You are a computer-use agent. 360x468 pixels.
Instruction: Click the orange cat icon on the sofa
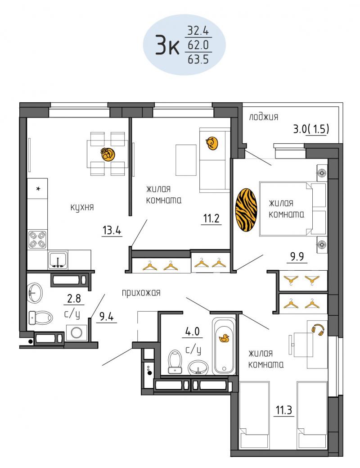(x=212, y=143)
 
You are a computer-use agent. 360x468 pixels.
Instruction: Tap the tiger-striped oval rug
(x=246, y=210)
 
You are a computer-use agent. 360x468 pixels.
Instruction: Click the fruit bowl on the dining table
(x=108, y=154)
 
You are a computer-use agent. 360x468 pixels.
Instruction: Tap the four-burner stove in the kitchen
(x=38, y=239)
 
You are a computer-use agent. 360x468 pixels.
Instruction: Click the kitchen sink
(x=58, y=260)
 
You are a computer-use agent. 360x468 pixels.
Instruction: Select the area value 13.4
(x=112, y=230)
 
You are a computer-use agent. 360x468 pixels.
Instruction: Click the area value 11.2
(x=211, y=218)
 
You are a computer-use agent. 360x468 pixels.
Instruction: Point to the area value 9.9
(x=297, y=256)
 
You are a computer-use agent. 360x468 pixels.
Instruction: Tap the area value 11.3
(x=283, y=410)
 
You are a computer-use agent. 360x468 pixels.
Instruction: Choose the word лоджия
(x=263, y=117)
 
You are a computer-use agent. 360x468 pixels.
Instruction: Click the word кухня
(x=82, y=207)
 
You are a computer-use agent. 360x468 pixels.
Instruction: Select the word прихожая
(x=141, y=293)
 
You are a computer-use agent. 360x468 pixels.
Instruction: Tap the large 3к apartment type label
(x=167, y=46)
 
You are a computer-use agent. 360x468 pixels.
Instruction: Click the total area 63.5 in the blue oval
(x=198, y=60)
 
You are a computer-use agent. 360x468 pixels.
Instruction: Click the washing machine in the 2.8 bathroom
(x=76, y=332)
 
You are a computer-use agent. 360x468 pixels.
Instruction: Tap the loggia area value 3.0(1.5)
(x=311, y=129)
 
